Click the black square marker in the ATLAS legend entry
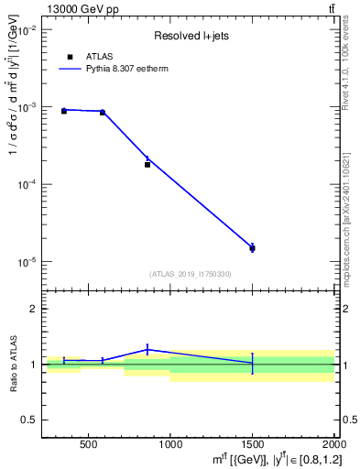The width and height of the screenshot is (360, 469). [x=70, y=57]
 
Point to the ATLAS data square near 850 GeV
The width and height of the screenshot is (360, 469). [x=147, y=164]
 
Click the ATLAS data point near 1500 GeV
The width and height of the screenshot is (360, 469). [x=252, y=248]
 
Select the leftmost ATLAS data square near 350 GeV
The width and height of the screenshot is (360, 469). [x=63, y=111]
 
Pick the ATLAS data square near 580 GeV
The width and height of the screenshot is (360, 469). [x=103, y=113]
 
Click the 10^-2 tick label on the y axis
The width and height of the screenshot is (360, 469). [x=25, y=30]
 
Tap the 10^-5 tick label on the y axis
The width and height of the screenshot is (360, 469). [x=25, y=262]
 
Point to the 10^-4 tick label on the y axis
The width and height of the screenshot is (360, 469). [x=25, y=185]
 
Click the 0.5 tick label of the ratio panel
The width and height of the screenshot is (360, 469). [x=28, y=420]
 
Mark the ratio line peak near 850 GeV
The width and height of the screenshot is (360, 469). [x=147, y=349]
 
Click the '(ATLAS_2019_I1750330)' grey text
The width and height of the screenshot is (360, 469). [x=191, y=274]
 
